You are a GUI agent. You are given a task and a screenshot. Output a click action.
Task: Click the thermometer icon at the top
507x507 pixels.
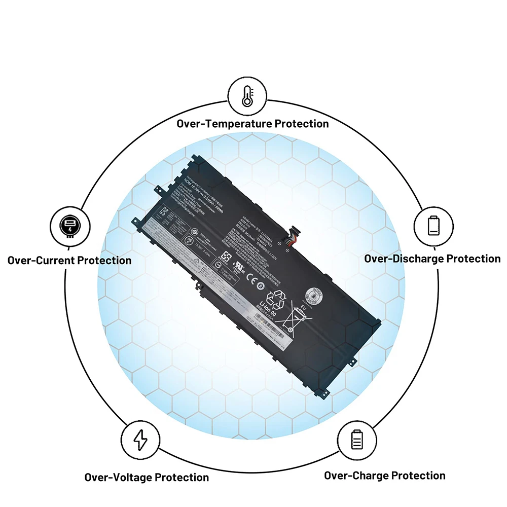[247, 95]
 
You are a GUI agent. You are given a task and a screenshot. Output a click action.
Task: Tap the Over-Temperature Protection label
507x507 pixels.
[252, 124]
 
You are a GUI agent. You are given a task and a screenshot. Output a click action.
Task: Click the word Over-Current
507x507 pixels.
[41, 261]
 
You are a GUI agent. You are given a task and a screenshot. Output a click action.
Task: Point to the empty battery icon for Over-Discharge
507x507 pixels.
[433, 225]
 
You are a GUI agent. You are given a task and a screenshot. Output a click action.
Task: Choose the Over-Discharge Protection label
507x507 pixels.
[432, 259]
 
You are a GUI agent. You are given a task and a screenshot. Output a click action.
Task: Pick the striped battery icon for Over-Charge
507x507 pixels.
[357, 439]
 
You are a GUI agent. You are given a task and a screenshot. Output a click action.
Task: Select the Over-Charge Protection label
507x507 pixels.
[384, 476]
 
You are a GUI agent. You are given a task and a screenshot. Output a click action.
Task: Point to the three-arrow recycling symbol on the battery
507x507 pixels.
[277, 299]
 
